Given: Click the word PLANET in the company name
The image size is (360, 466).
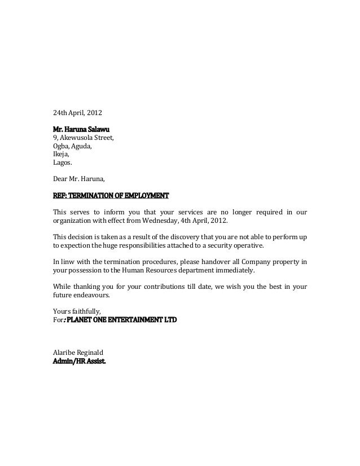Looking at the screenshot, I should coord(81,320).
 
